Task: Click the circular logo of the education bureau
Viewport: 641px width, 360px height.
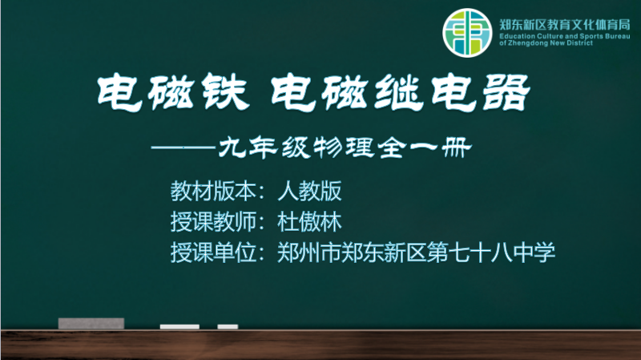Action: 467,33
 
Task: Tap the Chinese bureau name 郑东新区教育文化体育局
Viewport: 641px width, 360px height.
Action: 565,25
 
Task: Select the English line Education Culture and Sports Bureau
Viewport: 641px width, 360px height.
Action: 565,36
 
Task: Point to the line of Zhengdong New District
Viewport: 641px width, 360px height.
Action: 546,43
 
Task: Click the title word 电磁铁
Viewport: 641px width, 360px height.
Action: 173,92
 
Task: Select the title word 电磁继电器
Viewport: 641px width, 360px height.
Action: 401,92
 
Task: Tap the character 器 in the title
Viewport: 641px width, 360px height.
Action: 506,92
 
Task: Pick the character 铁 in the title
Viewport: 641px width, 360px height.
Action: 226,92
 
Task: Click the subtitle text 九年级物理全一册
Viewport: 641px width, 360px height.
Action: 345,148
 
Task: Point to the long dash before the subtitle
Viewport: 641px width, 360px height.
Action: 183,148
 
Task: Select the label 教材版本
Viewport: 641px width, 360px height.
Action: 213,191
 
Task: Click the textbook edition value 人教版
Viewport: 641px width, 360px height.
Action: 309,191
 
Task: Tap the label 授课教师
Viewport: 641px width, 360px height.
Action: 213,222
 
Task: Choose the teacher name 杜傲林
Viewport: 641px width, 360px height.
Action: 309,222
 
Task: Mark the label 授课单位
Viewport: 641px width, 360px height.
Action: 213,253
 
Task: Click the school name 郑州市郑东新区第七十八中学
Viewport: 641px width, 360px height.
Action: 416,253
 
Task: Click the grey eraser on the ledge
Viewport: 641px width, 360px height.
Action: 91,323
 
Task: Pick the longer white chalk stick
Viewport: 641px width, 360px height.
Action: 179,326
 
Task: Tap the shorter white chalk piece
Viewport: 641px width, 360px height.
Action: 228,326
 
